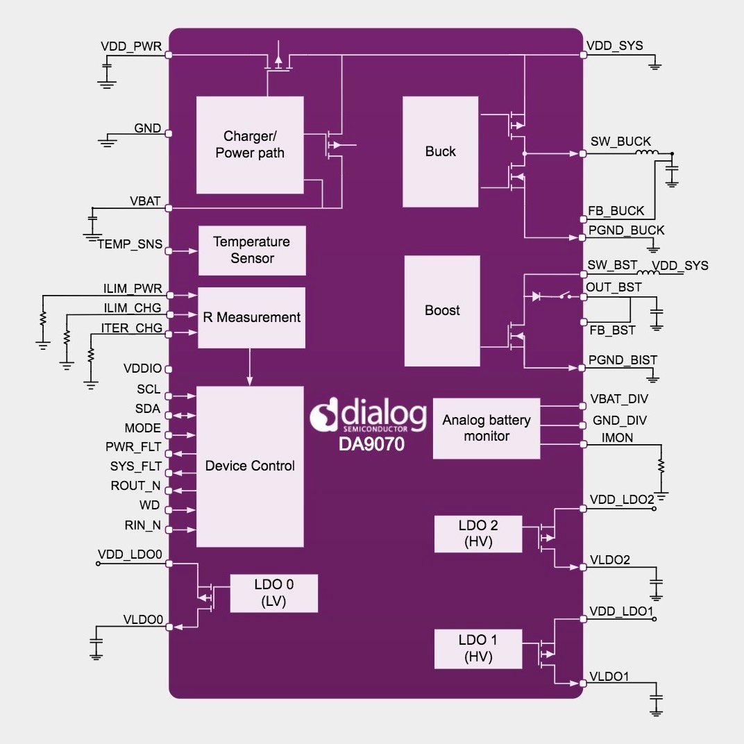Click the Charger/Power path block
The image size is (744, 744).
[250, 144]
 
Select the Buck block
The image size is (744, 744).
[440, 151]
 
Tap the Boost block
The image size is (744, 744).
[442, 310]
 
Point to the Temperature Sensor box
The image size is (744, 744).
[251, 250]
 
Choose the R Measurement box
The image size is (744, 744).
[251, 317]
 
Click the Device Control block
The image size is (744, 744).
[250, 466]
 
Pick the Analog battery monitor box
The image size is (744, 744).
[486, 428]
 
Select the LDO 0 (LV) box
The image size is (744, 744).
[273, 593]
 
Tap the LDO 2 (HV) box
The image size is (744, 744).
[477, 534]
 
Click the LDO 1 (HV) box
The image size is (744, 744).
[477, 648]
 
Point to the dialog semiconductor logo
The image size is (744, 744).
[368, 416]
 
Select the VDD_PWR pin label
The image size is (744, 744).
[131, 46]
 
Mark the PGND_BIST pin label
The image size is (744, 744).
[623, 360]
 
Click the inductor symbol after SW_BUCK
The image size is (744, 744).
[648, 153]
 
